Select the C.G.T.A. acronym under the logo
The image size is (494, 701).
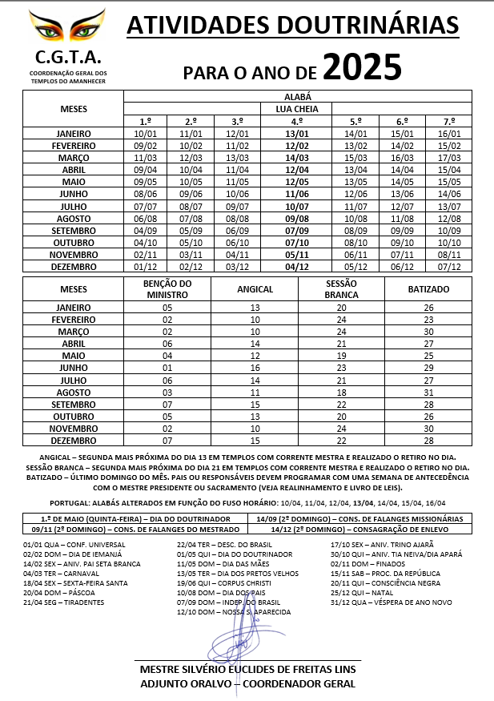[x=68, y=58]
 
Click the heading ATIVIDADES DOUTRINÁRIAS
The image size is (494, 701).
[x=293, y=26]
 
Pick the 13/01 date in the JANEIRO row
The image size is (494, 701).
[x=297, y=134]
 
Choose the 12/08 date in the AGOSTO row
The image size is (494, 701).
[x=449, y=218]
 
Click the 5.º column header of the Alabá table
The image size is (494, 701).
[x=355, y=120]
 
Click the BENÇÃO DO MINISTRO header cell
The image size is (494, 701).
[x=167, y=288]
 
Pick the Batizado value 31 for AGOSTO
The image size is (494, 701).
[x=428, y=393]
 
